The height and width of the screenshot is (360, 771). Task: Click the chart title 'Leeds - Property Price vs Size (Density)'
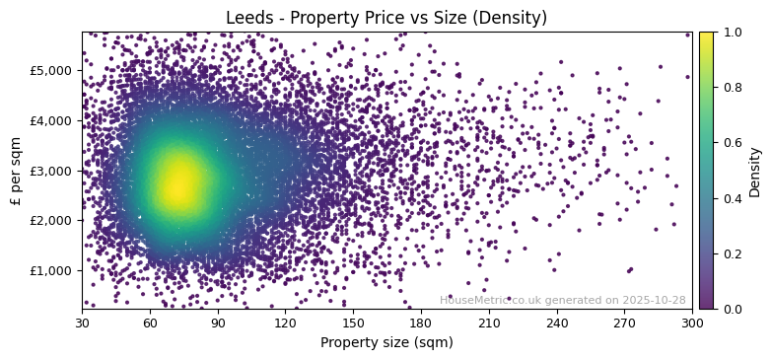pyautogui.click(x=386, y=18)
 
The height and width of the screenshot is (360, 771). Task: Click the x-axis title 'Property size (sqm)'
pyautogui.click(x=386, y=343)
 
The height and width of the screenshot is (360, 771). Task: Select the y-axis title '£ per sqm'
pyautogui.click(x=16, y=171)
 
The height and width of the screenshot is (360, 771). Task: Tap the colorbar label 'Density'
pyautogui.click(x=755, y=171)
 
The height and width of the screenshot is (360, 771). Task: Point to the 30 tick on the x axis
pyautogui.click(x=82, y=323)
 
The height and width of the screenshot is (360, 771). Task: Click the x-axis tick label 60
pyautogui.click(x=150, y=323)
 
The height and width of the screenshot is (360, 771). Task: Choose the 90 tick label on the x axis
pyautogui.click(x=218, y=323)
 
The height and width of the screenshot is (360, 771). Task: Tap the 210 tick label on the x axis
pyautogui.click(x=489, y=323)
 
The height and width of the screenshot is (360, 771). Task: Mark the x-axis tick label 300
pyautogui.click(x=692, y=323)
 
